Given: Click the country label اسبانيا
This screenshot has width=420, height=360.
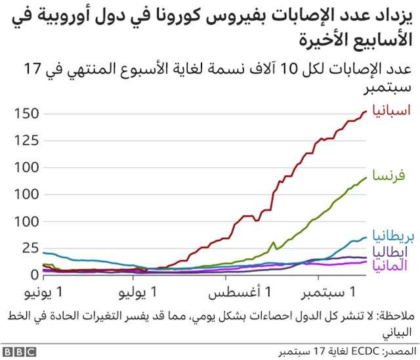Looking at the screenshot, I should pos(392,110).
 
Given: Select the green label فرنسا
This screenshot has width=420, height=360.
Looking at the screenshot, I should pos(388,176).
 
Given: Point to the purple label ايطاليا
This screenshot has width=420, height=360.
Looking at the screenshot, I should pos(392,252).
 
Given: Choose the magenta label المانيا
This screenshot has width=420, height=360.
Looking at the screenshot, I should pos(390,265).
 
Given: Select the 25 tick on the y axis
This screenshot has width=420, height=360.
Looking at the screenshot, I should pos(31,248).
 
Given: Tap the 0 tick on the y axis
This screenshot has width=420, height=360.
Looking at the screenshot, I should pos(35,275).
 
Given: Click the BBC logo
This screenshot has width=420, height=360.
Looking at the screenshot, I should pos(21,352).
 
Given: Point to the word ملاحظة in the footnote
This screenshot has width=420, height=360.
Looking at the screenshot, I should pos(396,315).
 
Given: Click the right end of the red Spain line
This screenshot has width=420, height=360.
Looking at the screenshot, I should pos(367,111).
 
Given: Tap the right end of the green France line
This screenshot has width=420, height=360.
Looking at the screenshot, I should pos(367,177).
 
